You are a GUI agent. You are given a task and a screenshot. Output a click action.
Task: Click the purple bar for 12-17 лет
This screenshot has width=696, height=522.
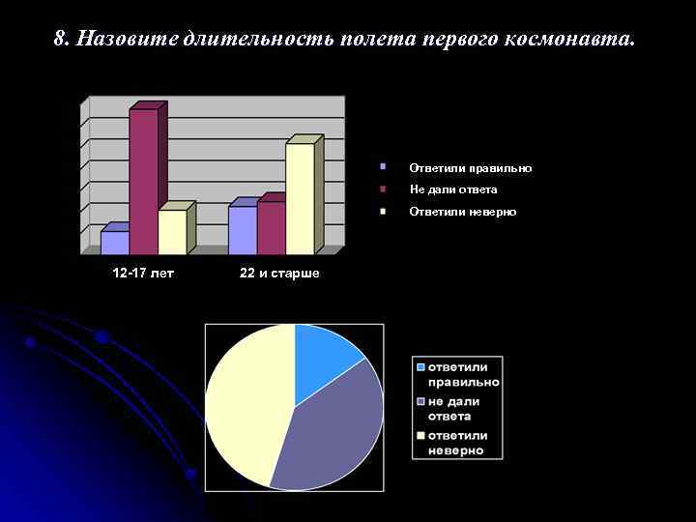click(143, 181)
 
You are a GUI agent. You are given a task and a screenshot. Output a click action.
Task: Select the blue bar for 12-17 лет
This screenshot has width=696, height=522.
click(114, 243)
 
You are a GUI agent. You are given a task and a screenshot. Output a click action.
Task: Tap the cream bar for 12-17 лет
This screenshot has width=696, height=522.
click(172, 232)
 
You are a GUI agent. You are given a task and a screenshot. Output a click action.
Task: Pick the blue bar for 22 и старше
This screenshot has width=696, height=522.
click(242, 230)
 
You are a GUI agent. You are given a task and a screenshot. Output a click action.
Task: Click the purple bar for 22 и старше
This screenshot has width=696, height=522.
click(271, 227)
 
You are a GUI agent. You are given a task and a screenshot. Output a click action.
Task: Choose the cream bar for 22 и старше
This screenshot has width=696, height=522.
click(300, 198)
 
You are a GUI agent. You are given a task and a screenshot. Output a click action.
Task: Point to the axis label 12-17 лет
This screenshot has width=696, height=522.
click(143, 274)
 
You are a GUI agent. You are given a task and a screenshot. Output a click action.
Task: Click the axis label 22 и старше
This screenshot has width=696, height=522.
click(279, 274)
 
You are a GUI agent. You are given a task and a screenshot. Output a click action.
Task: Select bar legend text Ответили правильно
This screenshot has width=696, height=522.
click(470, 168)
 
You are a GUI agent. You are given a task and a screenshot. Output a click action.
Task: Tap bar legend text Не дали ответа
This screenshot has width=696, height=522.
click(452, 189)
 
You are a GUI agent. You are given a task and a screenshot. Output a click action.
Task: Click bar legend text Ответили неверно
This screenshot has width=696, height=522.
click(462, 211)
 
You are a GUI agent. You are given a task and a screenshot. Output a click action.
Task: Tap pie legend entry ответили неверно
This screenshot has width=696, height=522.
click(457, 443)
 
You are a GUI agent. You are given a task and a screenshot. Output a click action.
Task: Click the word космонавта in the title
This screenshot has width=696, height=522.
click(578, 39)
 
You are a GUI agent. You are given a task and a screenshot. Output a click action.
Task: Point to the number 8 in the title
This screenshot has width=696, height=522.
click(60, 39)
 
